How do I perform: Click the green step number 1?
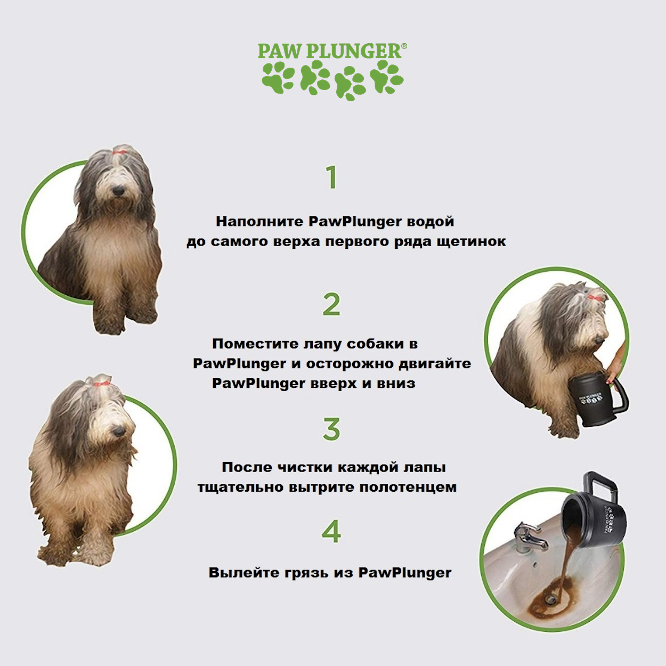coord(332,177)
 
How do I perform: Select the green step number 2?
coord(331,304)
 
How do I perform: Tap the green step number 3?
coord(331,429)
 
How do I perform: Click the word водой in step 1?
coord(431,222)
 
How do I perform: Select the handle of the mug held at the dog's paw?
coord(618,401)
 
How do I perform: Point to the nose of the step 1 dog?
coord(118,190)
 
